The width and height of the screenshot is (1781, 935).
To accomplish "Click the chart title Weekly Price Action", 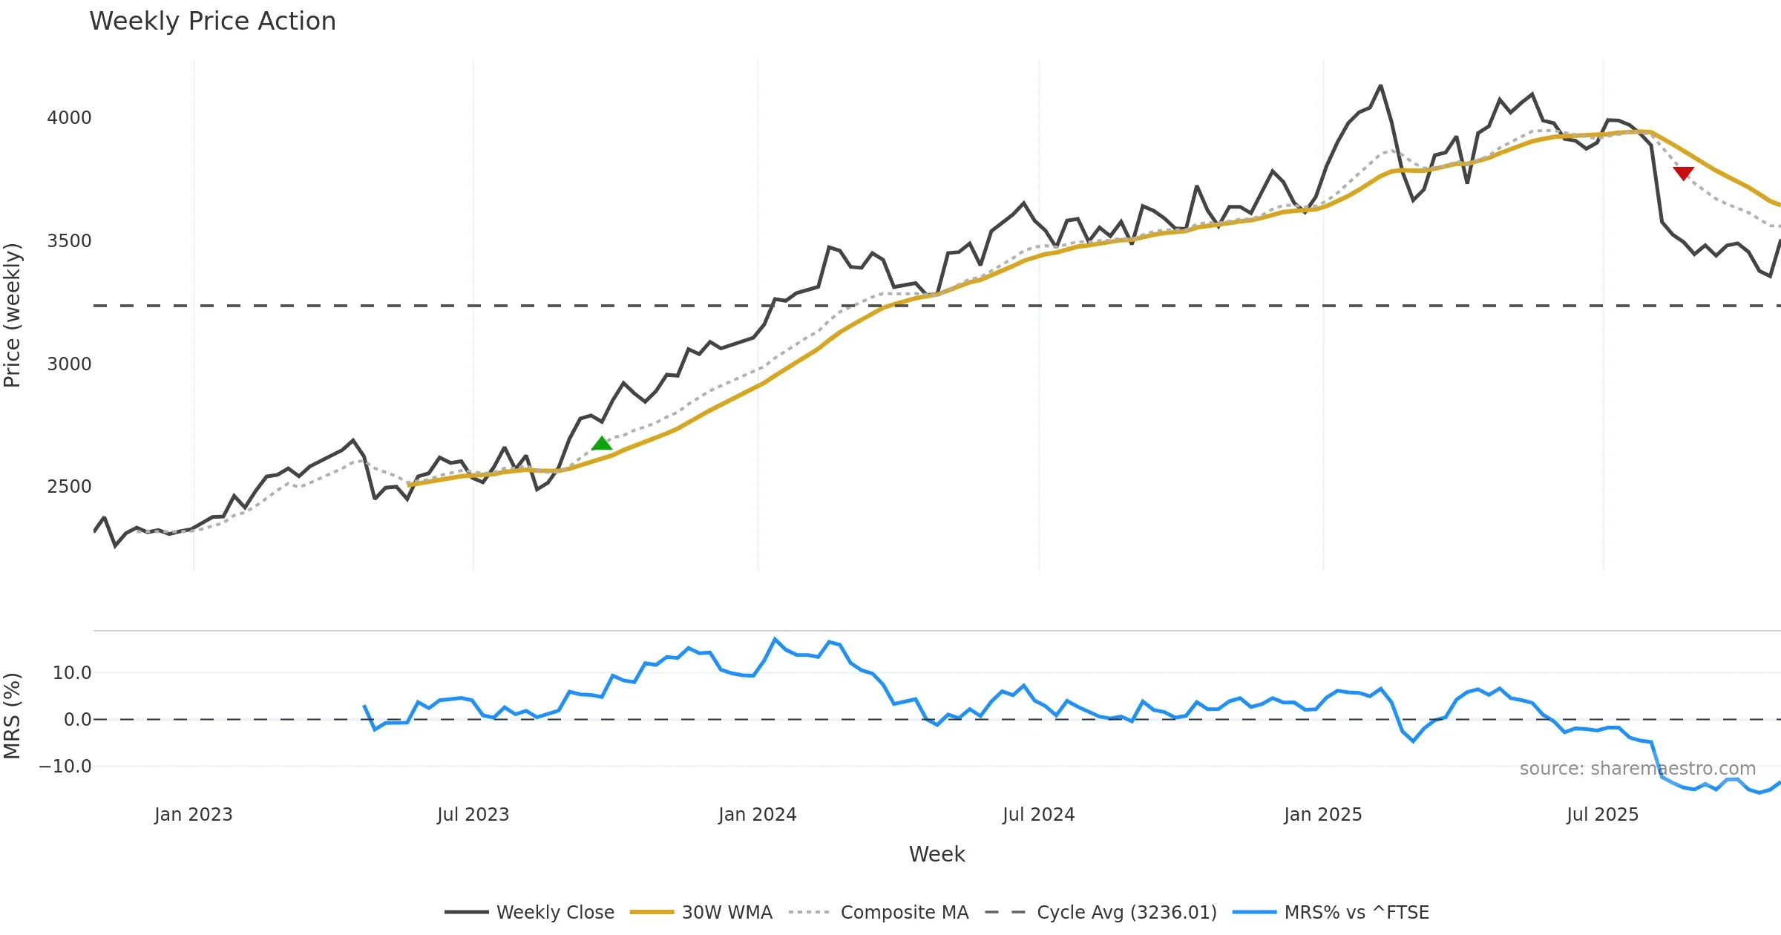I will (212, 22).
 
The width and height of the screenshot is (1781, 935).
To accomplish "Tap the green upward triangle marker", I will (602, 444).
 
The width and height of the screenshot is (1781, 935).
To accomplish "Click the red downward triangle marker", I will (1683, 173).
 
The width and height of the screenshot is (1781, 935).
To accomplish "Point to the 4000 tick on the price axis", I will (69, 118).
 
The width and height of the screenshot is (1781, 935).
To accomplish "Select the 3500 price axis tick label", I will (69, 241).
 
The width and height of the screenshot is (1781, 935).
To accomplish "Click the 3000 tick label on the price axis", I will (69, 364).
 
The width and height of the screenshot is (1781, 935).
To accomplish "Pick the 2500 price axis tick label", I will (69, 487).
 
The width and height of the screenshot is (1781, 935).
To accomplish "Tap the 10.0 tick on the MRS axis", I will (72, 673).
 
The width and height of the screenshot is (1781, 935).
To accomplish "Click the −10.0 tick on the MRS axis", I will (65, 767).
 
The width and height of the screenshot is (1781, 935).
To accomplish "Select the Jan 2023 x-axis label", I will (194, 815).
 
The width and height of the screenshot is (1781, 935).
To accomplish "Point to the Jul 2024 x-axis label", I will (1038, 815).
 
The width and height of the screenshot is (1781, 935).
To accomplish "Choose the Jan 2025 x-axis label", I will (1323, 815).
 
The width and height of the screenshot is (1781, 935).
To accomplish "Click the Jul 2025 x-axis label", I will (1603, 815).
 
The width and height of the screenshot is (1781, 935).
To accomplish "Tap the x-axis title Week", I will (937, 855).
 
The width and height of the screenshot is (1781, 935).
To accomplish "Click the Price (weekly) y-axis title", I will (13, 315).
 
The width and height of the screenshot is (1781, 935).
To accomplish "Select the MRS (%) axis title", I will (13, 716).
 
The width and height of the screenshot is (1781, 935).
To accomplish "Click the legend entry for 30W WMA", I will (726, 913).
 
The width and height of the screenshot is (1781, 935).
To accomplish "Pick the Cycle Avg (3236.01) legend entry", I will (1126, 913).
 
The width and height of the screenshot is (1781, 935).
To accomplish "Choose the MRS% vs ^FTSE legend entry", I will (1356, 913).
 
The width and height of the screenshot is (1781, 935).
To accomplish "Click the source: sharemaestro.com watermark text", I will (1638, 769).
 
